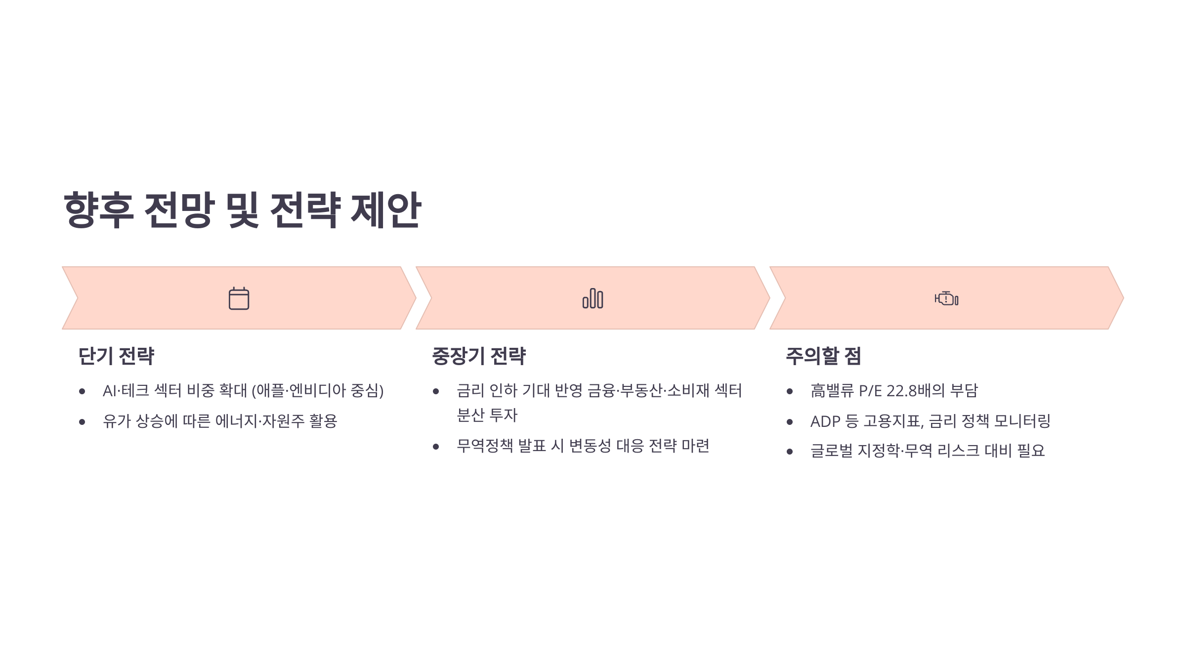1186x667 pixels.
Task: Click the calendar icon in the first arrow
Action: (x=239, y=298)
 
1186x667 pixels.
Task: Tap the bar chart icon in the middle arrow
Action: (x=593, y=298)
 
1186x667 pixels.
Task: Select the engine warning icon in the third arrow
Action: (x=946, y=298)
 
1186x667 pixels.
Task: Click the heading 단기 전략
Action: (x=116, y=356)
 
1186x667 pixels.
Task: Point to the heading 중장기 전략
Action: (x=478, y=356)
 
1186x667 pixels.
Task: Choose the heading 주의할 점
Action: (x=823, y=356)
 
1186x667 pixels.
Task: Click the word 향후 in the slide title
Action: (x=98, y=210)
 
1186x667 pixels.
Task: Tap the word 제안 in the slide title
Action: (x=385, y=210)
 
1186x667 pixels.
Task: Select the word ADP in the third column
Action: (x=825, y=421)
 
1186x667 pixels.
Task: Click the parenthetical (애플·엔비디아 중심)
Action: (x=317, y=391)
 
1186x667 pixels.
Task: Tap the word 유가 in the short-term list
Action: (x=117, y=421)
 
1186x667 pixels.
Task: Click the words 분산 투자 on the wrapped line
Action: (x=487, y=416)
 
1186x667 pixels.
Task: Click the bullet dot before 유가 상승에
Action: (x=82, y=422)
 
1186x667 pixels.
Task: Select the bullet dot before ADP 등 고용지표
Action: (x=790, y=422)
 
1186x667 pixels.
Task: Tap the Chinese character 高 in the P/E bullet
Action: (x=818, y=391)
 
